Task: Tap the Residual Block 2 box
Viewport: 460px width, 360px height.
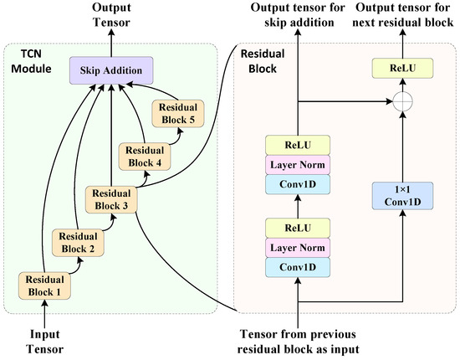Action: point(76,243)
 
